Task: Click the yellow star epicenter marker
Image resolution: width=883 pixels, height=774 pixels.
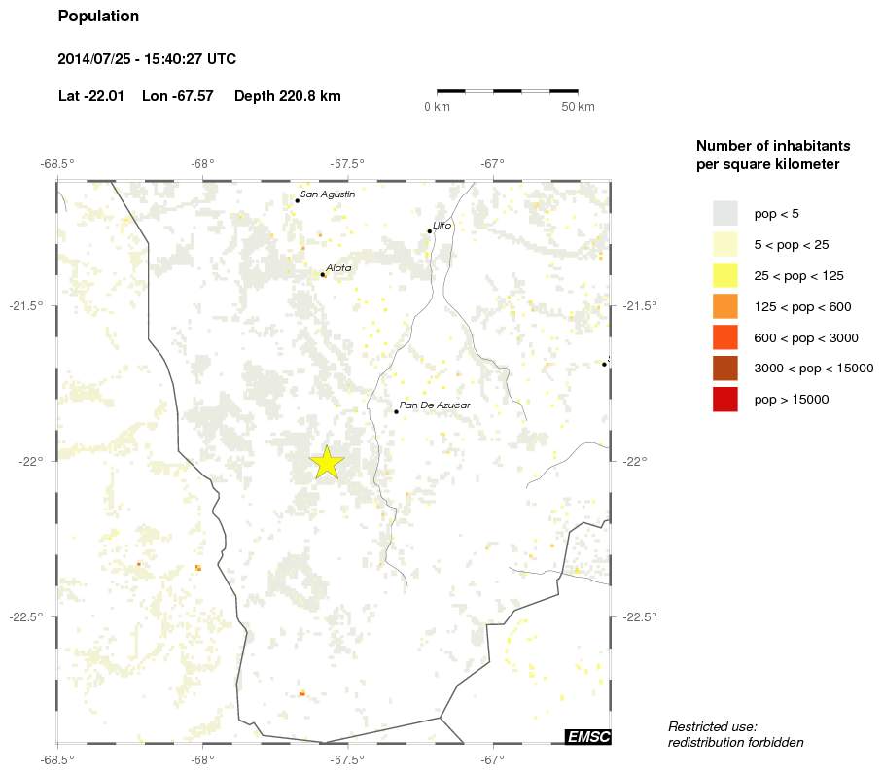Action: (x=327, y=463)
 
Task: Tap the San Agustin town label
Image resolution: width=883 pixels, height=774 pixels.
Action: (x=327, y=194)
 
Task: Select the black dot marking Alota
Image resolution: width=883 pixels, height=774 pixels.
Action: (x=322, y=275)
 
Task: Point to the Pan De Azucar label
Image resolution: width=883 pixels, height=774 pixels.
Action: (x=436, y=405)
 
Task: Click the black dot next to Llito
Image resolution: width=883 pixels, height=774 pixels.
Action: (x=429, y=231)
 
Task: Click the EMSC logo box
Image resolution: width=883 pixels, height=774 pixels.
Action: (x=587, y=737)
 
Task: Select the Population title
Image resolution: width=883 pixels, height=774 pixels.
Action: (x=98, y=17)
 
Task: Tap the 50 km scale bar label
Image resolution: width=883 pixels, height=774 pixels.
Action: (x=578, y=107)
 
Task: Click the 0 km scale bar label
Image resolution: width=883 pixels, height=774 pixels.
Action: (x=437, y=107)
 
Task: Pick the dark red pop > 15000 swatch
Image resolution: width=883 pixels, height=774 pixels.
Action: (x=725, y=400)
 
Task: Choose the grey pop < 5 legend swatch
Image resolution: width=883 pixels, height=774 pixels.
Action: (x=725, y=213)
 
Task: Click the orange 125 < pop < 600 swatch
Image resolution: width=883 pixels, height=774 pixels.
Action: (x=725, y=306)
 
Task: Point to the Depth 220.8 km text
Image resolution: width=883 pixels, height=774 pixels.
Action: (x=287, y=96)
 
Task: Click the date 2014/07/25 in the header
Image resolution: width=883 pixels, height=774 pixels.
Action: (x=94, y=59)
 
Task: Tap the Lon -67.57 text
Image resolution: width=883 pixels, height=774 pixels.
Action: (x=177, y=96)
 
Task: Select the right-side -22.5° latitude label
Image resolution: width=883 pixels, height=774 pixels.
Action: (x=640, y=616)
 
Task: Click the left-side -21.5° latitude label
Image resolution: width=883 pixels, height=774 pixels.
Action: (x=27, y=306)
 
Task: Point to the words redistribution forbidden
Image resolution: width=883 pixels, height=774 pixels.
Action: (x=735, y=743)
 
